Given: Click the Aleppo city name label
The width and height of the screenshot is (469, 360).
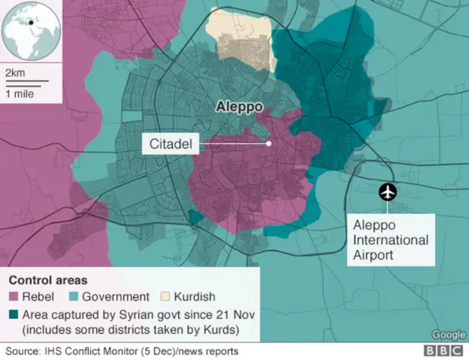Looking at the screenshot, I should point(239,106).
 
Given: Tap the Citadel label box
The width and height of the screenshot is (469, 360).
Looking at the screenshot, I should point(170,144).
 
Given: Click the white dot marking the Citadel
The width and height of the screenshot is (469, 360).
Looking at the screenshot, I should point(269,144).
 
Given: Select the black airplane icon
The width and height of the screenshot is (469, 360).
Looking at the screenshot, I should point(387,192).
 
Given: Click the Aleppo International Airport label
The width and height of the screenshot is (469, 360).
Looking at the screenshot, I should point(391,240).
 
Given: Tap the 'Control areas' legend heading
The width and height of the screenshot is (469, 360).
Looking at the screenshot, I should point(48,280).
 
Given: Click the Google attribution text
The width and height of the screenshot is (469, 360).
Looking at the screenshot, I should point(448,334).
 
